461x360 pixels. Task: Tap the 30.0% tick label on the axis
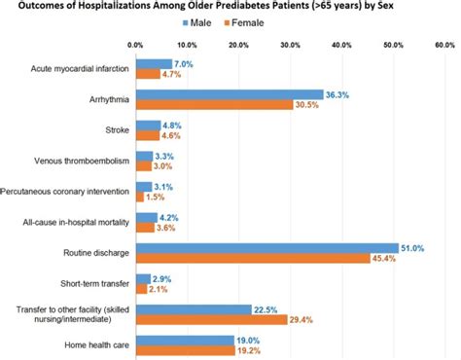(x=290, y=45)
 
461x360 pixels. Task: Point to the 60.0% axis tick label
(x=444, y=45)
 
